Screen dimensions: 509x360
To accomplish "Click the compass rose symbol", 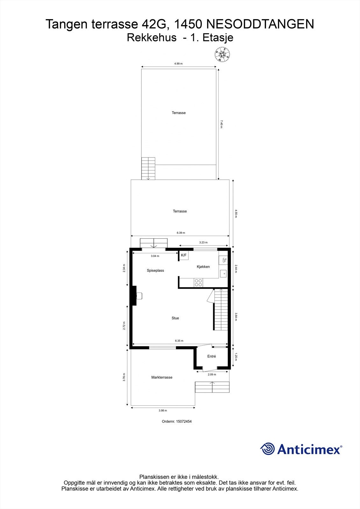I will point(222,54).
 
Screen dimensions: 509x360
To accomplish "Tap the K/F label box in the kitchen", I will point(184,255).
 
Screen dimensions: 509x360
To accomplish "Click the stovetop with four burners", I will point(198,282).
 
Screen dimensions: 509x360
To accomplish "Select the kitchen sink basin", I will point(223,273).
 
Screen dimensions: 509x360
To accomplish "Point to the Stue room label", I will point(175,318).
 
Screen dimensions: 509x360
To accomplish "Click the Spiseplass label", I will point(155,271).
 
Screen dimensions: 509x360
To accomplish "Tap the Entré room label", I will point(212,356).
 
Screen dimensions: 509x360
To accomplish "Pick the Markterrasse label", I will point(162,377).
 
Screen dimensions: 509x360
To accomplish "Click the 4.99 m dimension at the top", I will point(178,64).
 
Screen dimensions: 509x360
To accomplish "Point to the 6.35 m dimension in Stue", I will point(179,341).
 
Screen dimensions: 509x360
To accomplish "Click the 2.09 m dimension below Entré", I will point(212,374).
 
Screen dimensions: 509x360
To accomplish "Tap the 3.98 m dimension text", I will point(163,410).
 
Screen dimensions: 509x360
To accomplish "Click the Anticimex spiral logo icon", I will point(267,449).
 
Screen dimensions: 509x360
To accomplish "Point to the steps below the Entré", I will point(212,387).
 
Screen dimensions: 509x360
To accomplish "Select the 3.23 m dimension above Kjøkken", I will point(203,243).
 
